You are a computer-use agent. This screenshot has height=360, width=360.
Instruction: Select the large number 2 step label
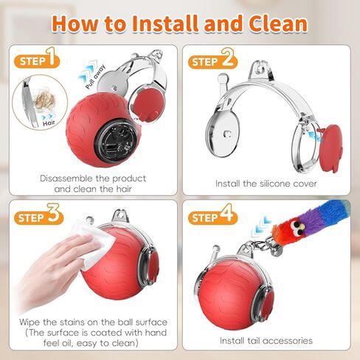227,58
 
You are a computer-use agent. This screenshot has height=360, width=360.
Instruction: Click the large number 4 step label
227,215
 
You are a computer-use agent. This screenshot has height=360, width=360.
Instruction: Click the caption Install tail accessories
266,340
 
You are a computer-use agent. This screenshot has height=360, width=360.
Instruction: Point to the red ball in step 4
229,291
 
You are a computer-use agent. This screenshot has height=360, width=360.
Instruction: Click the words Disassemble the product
93,178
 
